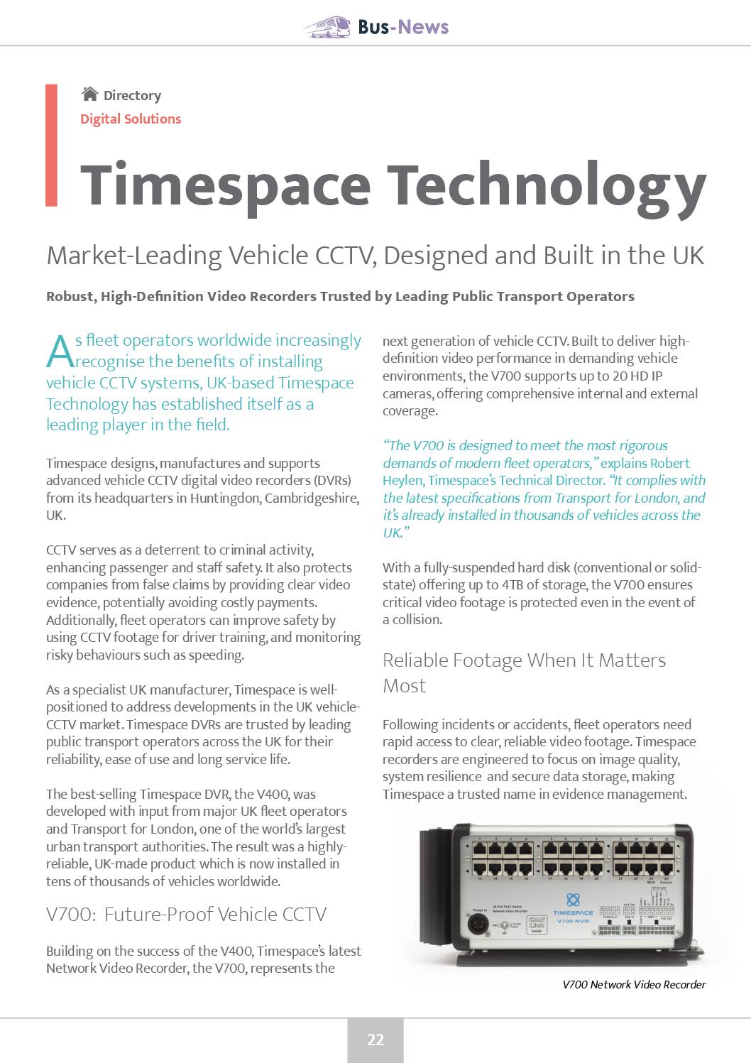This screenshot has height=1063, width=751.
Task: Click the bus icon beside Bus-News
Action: coord(327,27)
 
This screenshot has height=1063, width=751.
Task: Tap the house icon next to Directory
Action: coord(89,94)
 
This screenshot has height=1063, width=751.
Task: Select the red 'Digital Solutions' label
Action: coord(131,119)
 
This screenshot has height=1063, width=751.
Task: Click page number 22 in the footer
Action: coord(375,1040)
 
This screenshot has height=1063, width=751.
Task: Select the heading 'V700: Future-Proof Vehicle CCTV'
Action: coord(186,915)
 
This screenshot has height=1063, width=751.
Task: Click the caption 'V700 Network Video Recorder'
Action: coord(634,985)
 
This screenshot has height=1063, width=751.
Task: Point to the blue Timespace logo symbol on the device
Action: coord(573,900)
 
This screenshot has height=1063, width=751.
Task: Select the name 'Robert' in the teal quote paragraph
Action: coord(670,464)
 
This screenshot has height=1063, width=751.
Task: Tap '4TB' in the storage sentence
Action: coord(513,585)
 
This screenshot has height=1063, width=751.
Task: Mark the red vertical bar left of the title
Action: coord(51,146)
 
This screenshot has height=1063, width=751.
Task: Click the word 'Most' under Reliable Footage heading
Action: coord(405,686)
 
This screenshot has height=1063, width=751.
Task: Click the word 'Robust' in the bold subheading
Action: coord(69,297)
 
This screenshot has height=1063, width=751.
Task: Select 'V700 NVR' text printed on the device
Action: coord(573,921)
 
